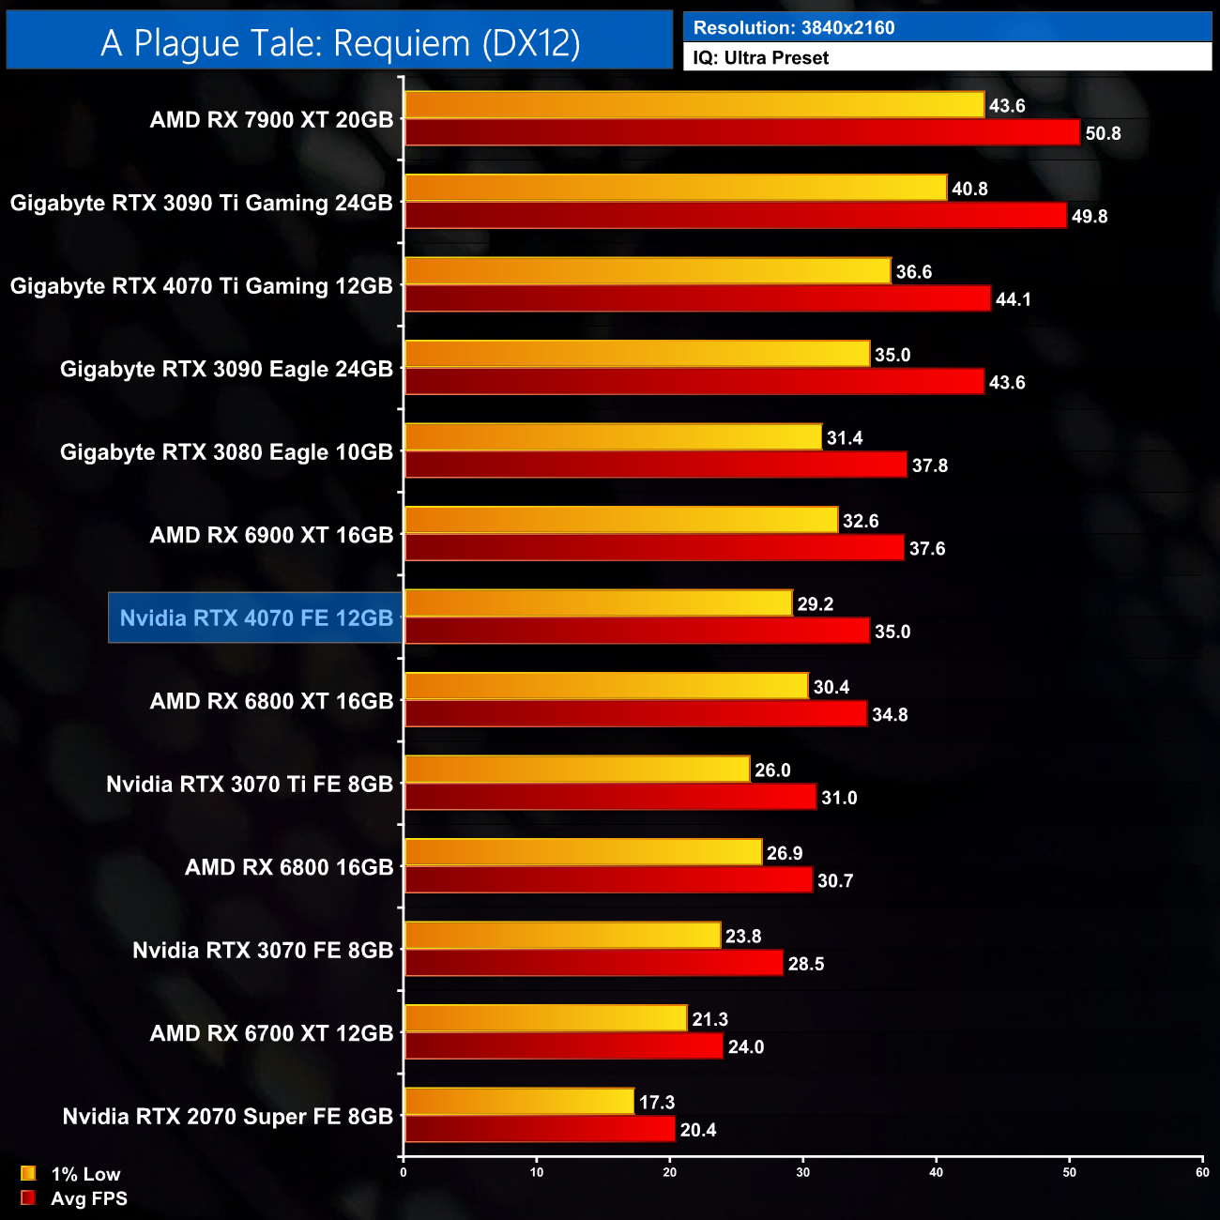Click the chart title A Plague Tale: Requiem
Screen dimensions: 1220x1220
point(340,43)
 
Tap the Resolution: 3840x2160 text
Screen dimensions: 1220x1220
point(794,28)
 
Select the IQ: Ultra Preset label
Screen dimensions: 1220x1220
point(761,58)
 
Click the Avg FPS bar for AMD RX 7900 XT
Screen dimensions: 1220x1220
point(741,132)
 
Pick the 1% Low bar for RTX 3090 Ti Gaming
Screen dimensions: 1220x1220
point(676,188)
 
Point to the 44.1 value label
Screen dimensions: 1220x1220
point(1014,299)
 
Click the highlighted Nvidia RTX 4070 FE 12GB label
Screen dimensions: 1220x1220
point(256,618)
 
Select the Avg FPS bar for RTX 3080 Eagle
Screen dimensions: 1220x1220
point(655,465)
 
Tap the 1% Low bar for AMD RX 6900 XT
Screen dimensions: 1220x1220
point(620,520)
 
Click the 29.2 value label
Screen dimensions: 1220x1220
point(816,604)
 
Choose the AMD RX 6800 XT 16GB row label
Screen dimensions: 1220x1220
point(271,701)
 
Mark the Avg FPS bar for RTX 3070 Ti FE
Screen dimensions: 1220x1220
point(610,797)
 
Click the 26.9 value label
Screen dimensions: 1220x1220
point(785,853)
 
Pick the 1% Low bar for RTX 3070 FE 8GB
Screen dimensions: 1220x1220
point(562,936)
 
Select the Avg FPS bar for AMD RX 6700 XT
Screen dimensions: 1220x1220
point(563,1046)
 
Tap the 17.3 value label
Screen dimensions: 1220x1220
point(657,1103)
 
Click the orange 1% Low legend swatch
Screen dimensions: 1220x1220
point(28,1173)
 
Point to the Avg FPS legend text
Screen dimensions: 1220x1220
point(89,1198)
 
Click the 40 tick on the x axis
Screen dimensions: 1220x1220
point(936,1172)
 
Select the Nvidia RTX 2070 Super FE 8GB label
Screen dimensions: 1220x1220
point(228,1117)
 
